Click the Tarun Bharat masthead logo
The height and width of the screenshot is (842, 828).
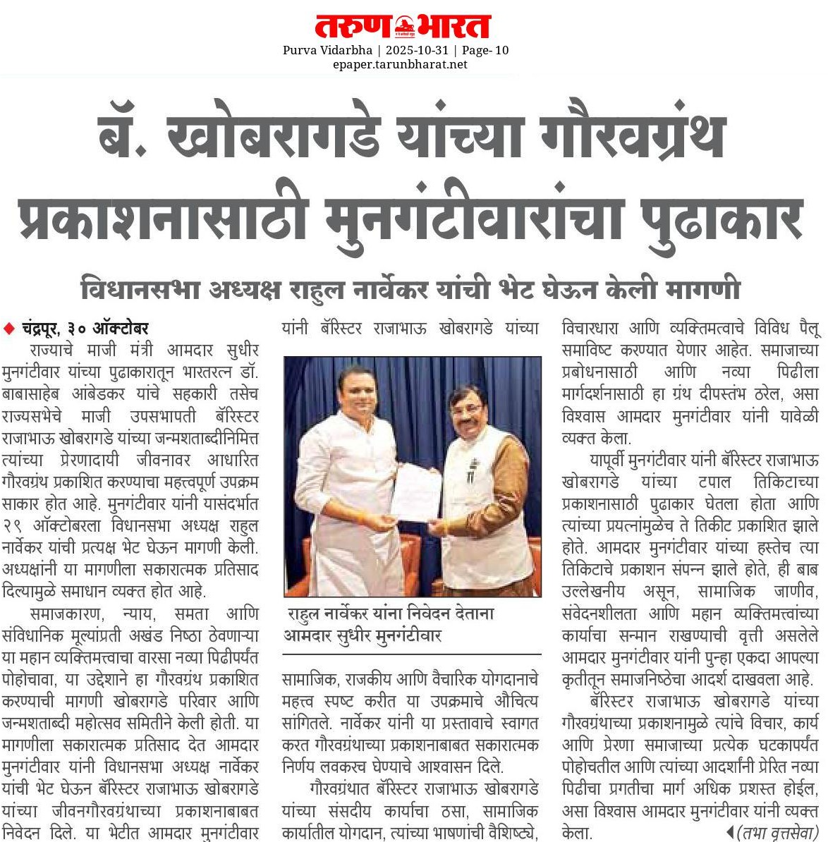click(x=402, y=26)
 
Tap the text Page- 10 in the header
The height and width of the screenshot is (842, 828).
click(x=485, y=50)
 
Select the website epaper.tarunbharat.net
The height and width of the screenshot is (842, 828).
click(x=400, y=64)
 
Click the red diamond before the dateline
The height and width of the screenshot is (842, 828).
click(x=9, y=328)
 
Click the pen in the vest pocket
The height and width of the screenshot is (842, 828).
click(x=470, y=474)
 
